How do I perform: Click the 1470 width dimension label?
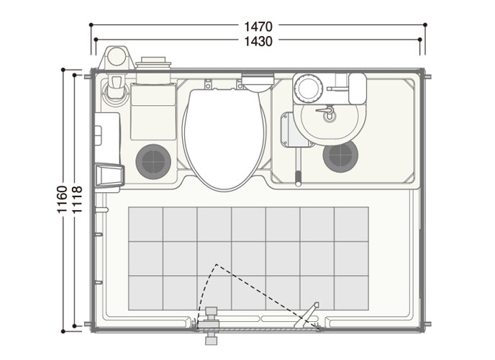point(258,27)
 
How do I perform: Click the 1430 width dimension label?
point(258,41)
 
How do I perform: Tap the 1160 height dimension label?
point(63,199)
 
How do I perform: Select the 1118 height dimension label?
point(78,199)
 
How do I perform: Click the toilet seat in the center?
point(224,140)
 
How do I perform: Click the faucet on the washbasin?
point(327,112)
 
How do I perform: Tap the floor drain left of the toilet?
point(153,162)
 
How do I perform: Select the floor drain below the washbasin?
point(340,156)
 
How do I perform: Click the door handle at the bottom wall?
point(211,325)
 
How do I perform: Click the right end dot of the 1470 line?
point(425,24)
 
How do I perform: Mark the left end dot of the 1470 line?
point(91,24)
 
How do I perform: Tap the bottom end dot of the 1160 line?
point(63,331)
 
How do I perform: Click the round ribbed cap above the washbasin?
point(309,88)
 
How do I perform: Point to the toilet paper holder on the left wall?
point(109,176)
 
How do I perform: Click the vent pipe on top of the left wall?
point(117,58)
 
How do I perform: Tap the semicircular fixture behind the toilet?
point(258,83)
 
